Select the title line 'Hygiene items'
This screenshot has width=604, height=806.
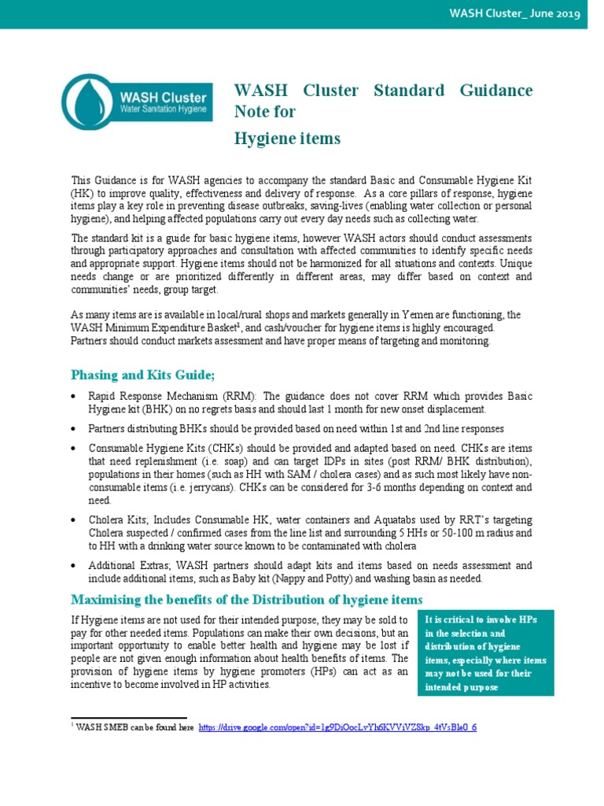(287, 139)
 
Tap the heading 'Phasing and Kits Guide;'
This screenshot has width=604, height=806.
(142, 373)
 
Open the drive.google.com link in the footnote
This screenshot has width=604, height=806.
(337, 727)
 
